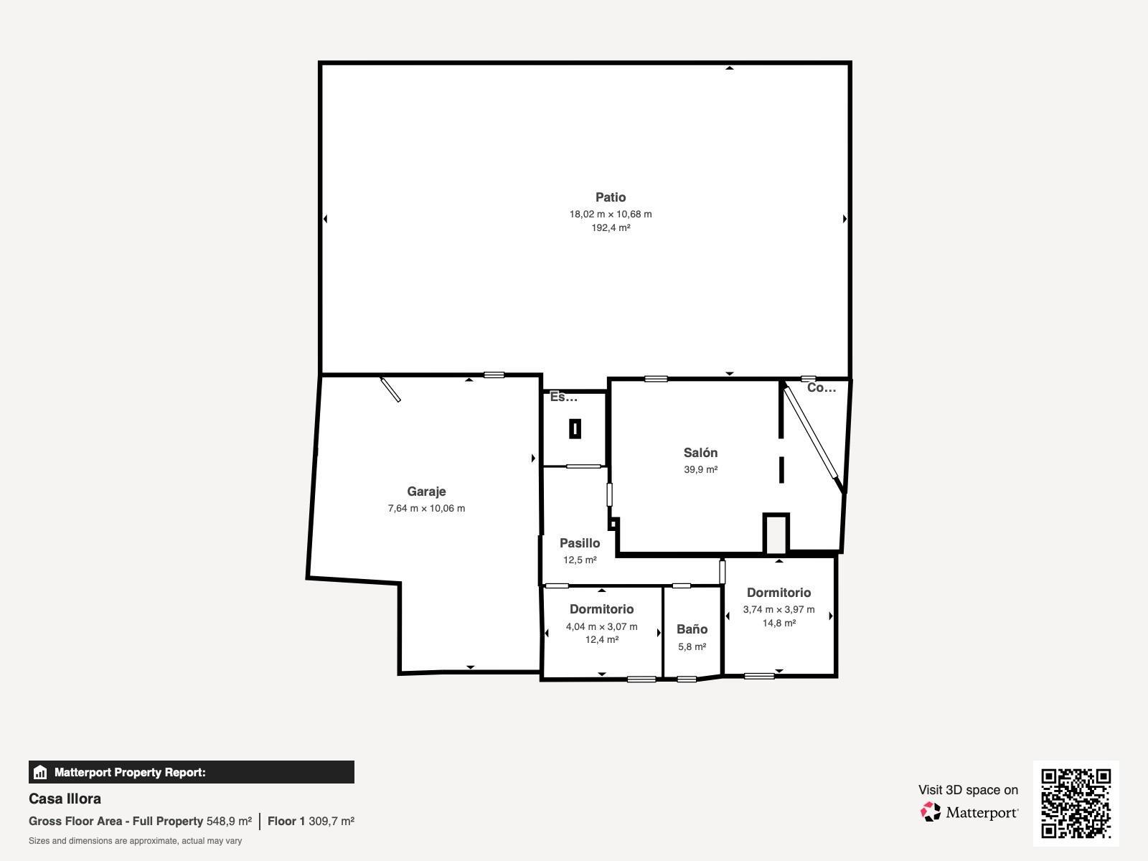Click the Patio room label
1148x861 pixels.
[611, 197]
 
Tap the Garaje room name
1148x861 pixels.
[426, 491]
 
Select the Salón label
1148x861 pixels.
[700, 453]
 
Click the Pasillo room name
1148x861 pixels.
[580, 543]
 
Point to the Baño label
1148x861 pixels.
[692, 629]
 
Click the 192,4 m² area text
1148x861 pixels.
[611, 228]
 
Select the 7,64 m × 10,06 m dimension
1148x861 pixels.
[426, 508]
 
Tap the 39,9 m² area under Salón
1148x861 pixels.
[700, 469]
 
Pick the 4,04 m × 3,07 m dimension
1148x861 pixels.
[601, 626]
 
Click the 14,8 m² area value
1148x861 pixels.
[778, 623]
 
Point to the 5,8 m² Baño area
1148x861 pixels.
[692, 646]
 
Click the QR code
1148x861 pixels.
[1076, 804]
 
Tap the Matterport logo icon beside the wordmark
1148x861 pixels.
[931, 812]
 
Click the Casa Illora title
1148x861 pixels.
[65, 799]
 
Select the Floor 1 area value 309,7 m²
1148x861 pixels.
[331, 822]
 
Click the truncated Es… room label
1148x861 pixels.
[563, 397]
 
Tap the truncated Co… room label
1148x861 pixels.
[821, 387]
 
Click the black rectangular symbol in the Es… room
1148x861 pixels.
[575, 429]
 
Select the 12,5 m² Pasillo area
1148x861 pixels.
[580, 560]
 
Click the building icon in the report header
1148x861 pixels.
[40, 772]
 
